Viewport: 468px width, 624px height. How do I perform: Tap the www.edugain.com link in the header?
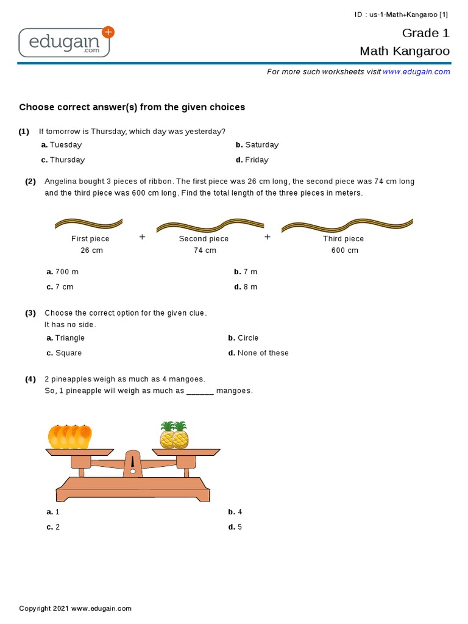point(416,72)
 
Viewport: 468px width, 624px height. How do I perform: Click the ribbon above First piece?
point(88,223)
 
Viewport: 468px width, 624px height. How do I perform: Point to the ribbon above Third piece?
point(347,226)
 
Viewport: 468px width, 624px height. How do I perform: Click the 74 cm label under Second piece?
point(205,250)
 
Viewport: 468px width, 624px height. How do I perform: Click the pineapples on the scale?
point(174,435)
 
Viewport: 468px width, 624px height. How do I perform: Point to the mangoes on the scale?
point(70,436)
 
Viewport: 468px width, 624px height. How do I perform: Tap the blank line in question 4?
point(200,391)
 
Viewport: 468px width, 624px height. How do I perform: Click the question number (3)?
point(30,313)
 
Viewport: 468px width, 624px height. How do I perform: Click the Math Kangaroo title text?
point(405,51)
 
